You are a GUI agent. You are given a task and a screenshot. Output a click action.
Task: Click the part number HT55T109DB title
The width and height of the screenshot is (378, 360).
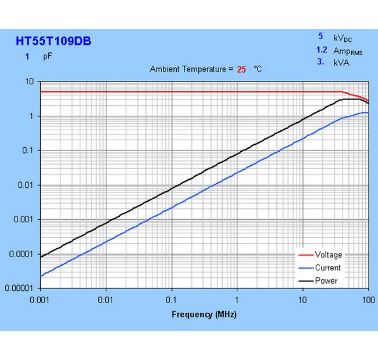[53, 41]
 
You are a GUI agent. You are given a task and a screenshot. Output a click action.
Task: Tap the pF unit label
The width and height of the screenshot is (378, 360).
[47, 57]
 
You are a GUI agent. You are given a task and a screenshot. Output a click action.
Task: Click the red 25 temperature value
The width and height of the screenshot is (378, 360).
[241, 69]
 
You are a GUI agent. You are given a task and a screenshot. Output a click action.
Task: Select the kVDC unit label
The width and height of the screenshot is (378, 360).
[343, 38]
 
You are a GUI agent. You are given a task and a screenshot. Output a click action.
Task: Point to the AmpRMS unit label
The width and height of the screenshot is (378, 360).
[348, 51]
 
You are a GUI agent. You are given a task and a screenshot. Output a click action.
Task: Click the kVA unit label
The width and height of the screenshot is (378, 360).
[341, 62]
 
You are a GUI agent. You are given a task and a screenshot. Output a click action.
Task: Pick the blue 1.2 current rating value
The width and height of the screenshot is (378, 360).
[322, 51]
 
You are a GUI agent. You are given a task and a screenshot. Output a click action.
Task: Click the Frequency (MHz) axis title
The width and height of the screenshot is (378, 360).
[204, 315]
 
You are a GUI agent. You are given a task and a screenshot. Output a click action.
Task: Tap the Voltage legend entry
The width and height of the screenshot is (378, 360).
[328, 255]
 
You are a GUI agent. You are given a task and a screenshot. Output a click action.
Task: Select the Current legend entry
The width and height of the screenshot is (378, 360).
[327, 268]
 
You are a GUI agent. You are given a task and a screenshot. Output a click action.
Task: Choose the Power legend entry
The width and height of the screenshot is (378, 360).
[326, 281]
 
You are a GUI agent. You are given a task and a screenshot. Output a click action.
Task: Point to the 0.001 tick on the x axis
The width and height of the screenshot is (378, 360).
[40, 300]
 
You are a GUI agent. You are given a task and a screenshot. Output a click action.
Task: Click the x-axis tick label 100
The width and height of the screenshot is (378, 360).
[367, 300]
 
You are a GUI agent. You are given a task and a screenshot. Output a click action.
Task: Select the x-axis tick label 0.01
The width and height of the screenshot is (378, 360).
[106, 300]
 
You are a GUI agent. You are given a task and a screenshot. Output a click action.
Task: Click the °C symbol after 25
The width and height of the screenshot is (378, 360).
[258, 69]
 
